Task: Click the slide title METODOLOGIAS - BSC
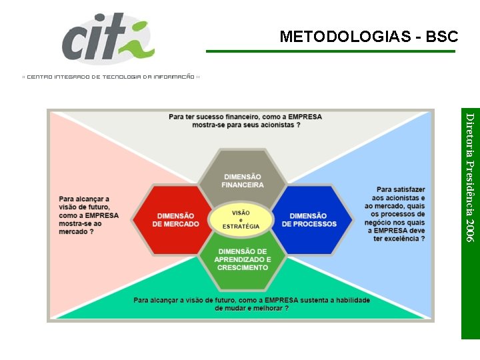click(x=369, y=37)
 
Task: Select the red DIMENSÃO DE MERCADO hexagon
click(x=175, y=220)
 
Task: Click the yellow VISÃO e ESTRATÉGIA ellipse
click(x=241, y=219)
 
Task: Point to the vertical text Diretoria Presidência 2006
click(x=470, y=177)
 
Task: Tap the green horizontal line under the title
click(x=331, y=51)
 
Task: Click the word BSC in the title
click(x=442, y=37)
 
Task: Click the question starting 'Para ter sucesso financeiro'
click(x=245, y=121)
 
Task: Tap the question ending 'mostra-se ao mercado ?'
click(x=89, y=215)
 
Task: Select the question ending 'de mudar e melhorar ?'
click(x=251, y=304)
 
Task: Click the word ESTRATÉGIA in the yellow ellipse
click(x=241, y=227)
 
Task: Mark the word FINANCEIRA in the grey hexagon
click(x=243, y=185)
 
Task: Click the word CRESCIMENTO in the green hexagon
click(x=243, y=267)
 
